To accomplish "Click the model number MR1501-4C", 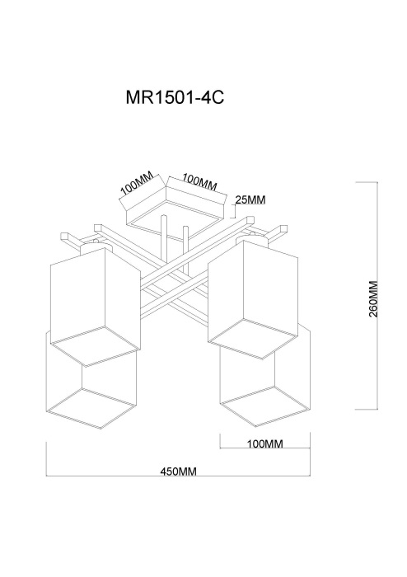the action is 175,98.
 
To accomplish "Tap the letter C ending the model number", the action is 218,98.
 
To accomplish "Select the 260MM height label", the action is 372,299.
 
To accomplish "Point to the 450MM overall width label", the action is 178,471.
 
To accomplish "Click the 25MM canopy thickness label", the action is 250,199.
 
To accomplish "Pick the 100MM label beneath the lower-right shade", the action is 264,443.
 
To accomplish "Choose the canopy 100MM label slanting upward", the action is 137,184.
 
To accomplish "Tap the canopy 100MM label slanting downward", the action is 199,182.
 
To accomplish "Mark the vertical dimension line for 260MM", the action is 377,295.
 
